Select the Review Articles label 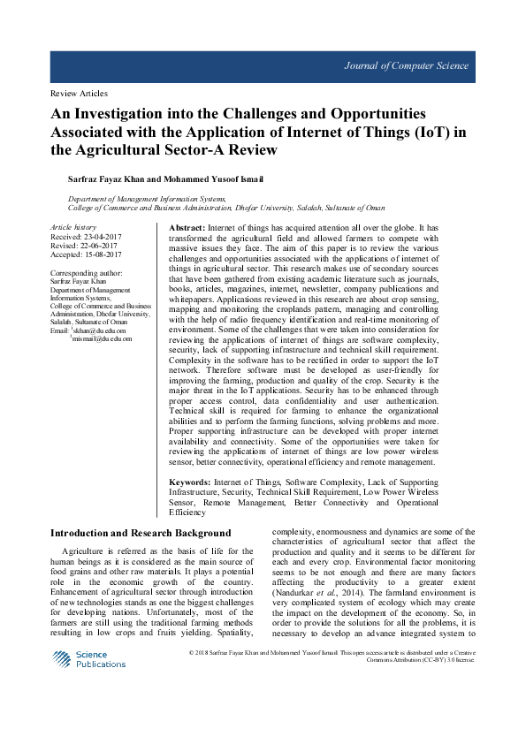[x=79, y=93]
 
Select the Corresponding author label [x=87, y=273]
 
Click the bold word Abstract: [x=187, y=228]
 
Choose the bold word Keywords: [x=190, y=482]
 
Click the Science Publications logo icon [x=61, y=659]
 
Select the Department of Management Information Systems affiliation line [x=147, y=200]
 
